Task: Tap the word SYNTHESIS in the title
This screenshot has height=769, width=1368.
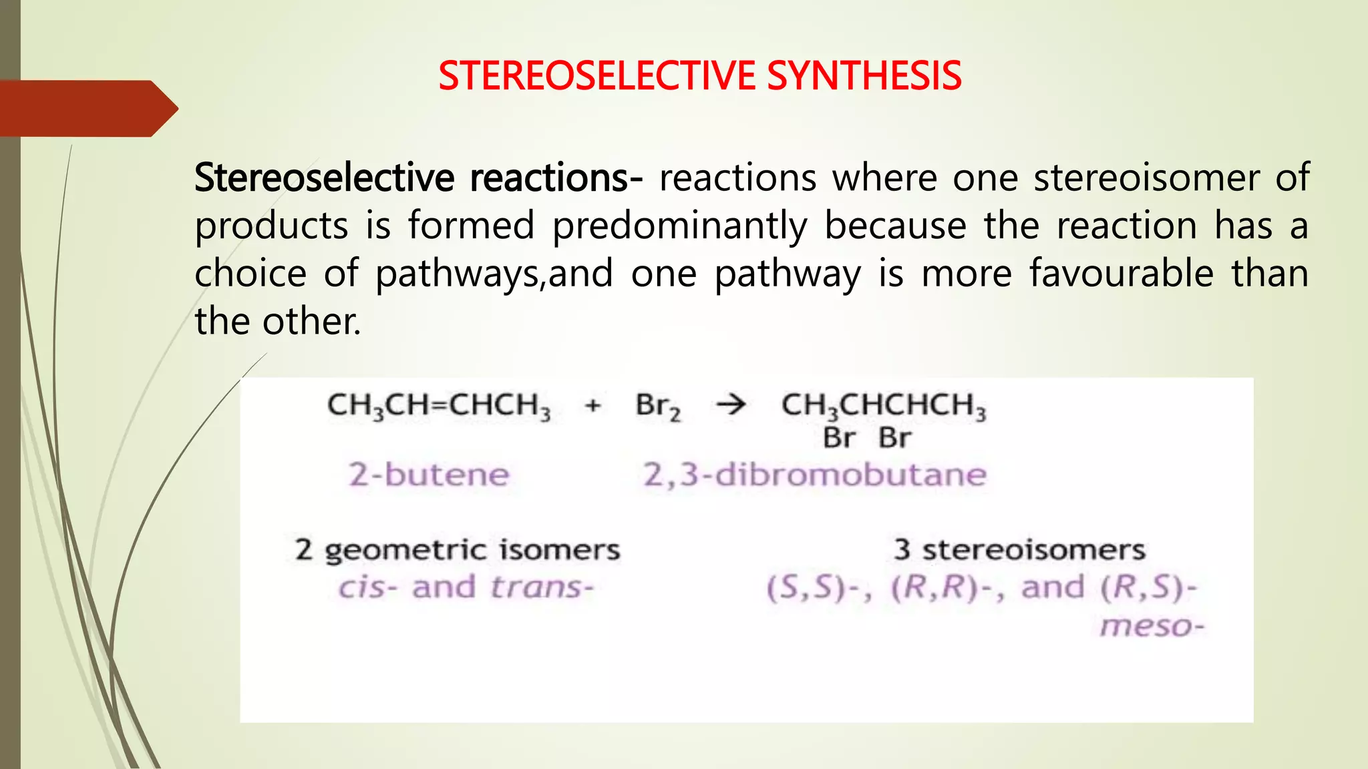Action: pyautogui.click(x=864, y=75)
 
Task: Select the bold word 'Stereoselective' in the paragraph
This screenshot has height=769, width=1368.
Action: pyautogui.click(x=324, y=178)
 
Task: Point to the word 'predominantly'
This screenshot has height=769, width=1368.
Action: pyautogui.click(x=679, y=226)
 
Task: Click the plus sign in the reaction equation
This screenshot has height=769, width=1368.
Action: pyautogui.click(x=592, y=405)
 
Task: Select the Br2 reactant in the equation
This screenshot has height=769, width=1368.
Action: pyautogui.click(x=658, y=407)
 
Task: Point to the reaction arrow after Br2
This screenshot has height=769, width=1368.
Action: pyautogui.click(x=731, y=405)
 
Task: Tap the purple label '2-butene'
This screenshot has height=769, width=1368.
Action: pyautogui.click(x=429, y=475)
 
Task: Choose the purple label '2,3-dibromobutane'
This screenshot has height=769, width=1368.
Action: pyautogui.click(x=814, y=475)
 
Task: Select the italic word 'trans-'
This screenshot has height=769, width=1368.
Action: pyautogui.click(x=542, y=588)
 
